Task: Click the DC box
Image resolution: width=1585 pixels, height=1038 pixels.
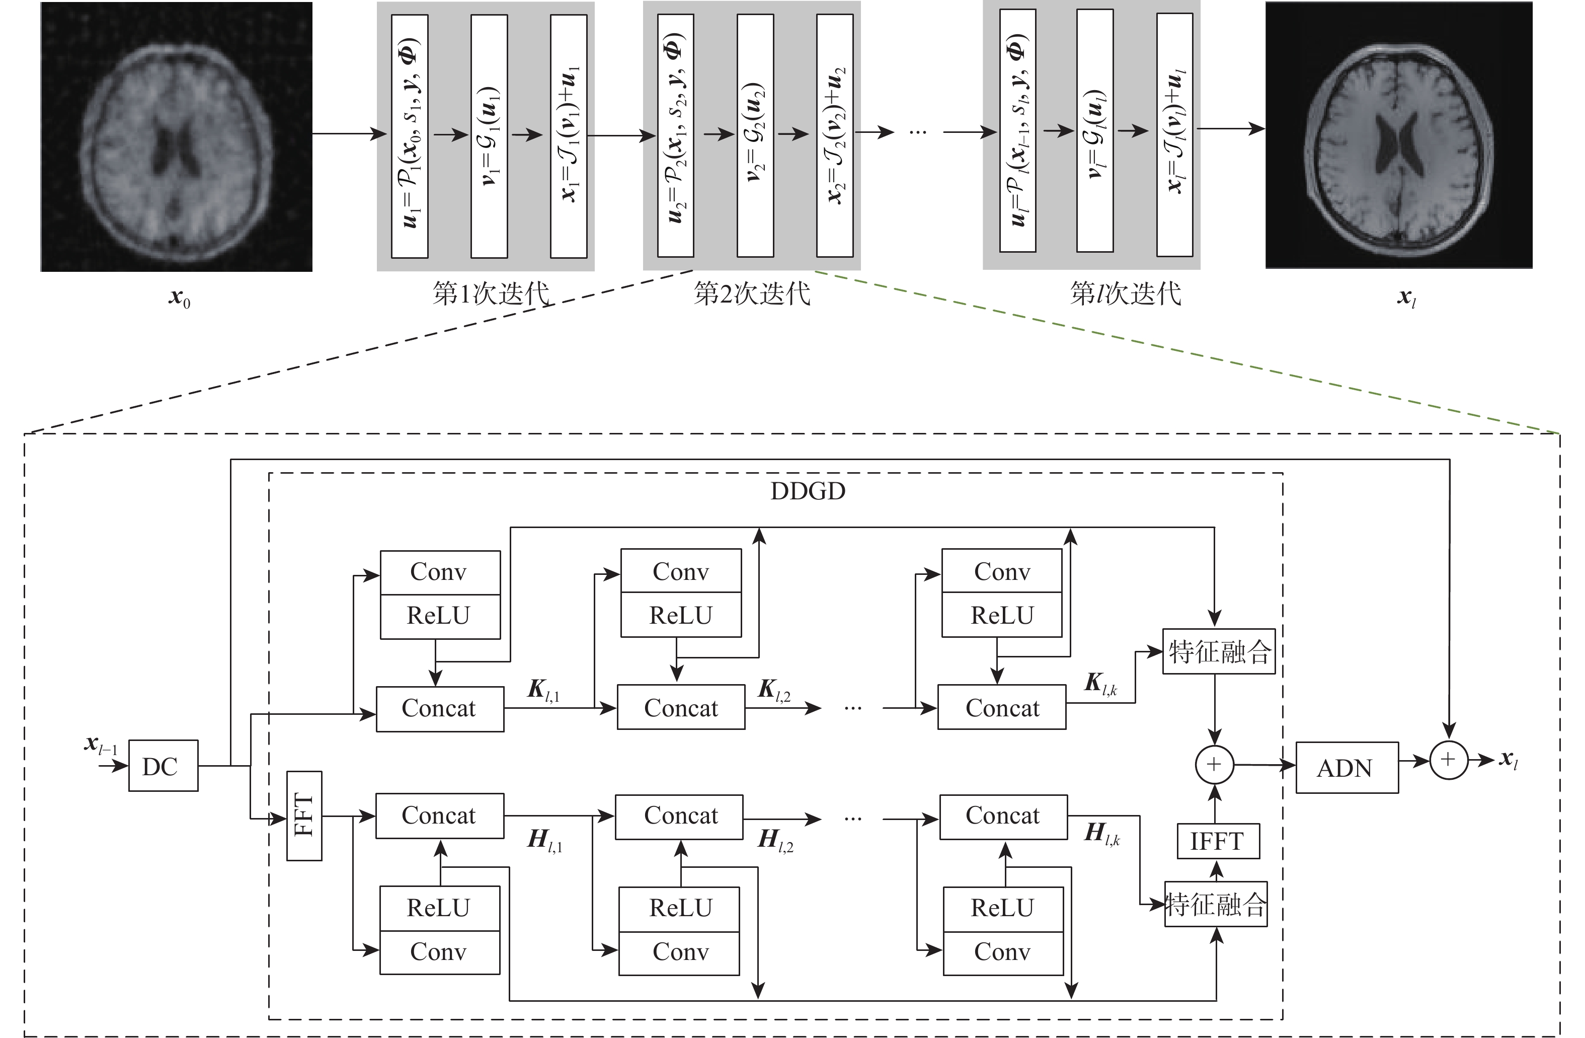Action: tap(163, 766)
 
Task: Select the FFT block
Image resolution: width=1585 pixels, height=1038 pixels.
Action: tap(304, 815)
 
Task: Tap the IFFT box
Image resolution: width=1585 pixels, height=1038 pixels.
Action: tap(1217, 841)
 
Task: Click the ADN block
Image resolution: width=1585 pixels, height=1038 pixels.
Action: tap(1346, 768)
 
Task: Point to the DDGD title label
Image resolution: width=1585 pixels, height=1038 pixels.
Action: tap(808, 491)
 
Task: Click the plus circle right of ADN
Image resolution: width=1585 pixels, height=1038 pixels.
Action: tap(1449, 760)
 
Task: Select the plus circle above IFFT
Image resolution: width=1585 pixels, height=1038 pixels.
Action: tap(1215, 764)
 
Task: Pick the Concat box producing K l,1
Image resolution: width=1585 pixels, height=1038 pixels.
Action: tap(440, 709)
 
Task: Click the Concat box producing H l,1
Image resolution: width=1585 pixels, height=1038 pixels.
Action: tap(440, 815)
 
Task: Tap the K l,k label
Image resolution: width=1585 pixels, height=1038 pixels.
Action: tap(1101, 684)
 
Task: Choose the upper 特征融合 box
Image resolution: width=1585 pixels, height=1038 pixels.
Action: tap(1219, 651)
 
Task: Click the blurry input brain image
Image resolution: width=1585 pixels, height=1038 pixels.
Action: tap(177, 136)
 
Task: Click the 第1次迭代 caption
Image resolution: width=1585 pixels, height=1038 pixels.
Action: tap(491, 293)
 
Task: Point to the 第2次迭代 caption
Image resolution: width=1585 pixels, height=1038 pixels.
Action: tap(752, 293)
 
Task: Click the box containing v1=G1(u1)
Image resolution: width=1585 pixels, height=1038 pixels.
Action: tap(489, 136)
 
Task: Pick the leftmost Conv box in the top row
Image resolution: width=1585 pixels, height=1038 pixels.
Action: tap(440, 572)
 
